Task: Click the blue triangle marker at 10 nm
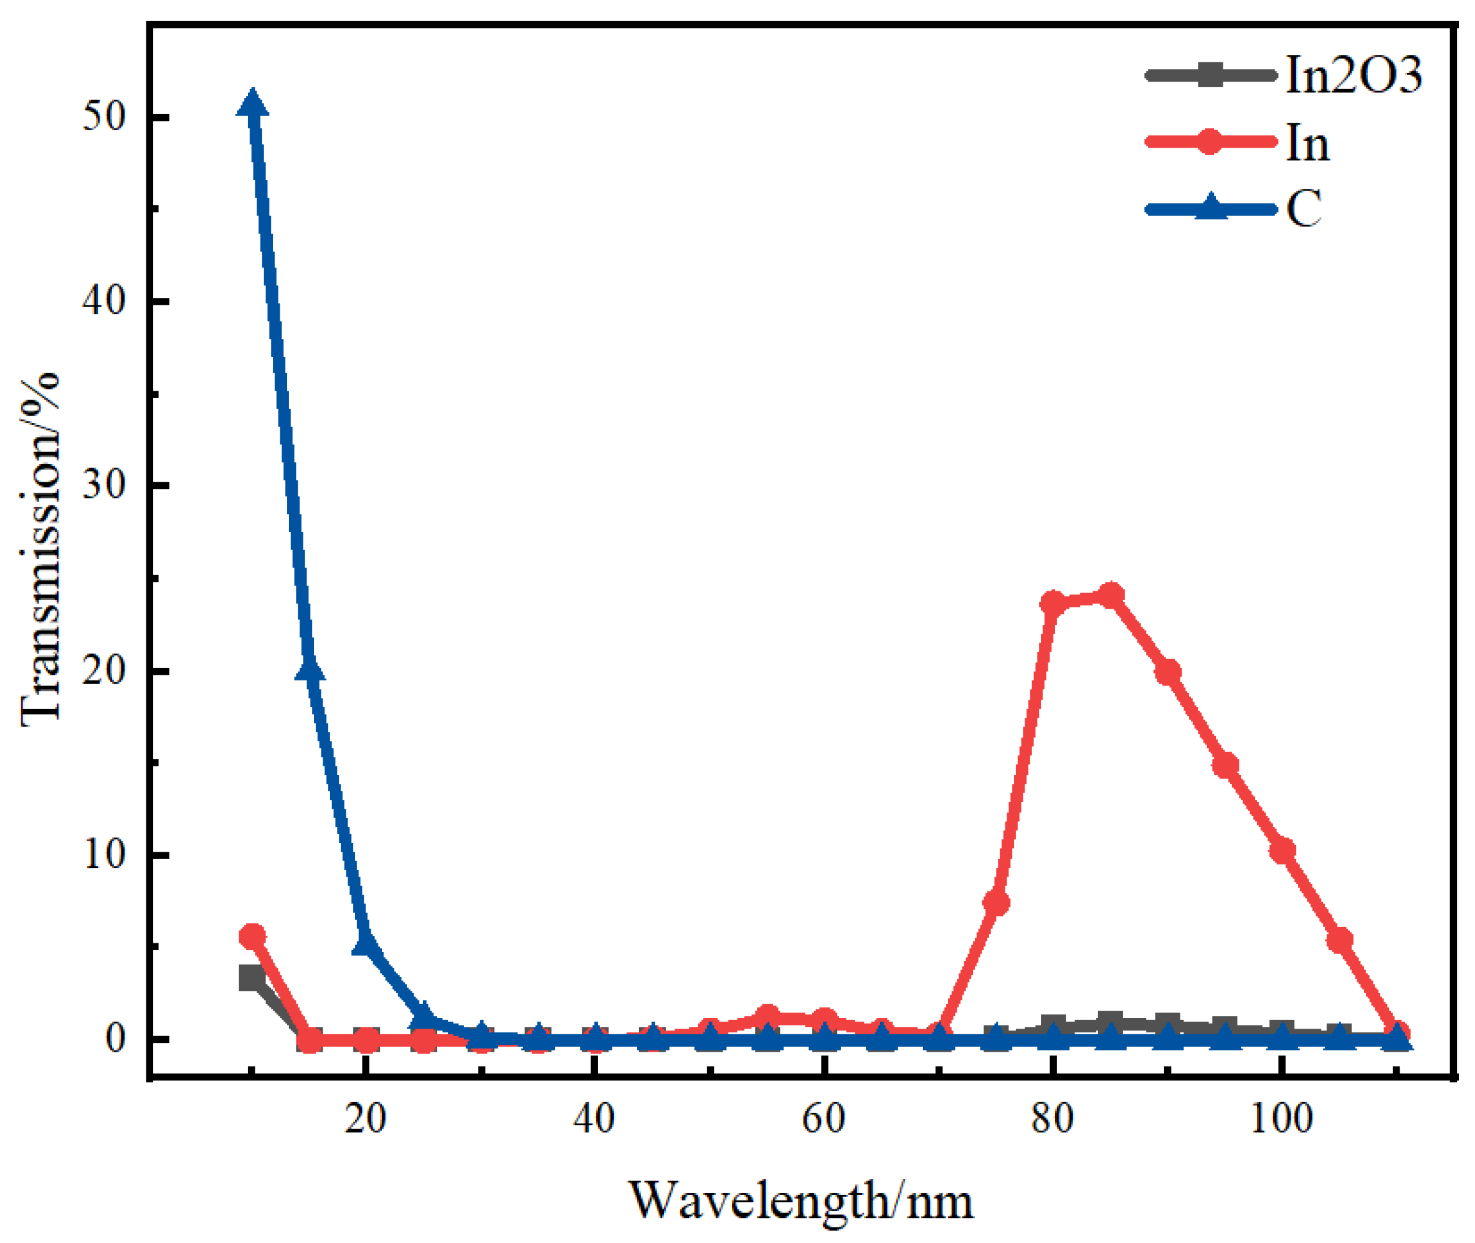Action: pyautogui.click(x=252, y=105)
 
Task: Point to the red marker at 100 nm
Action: pyautogui.click(x=1282, y=850)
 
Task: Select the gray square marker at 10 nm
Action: pyautogui.click(x=252, y=979)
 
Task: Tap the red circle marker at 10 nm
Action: pyautogui.click(x=252, y=936)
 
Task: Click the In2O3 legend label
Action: pyautogui.click(x=1353, y=75)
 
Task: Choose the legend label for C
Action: pyautogui.click(x=1304, y=209)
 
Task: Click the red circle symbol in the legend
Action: pyautogui.click(x=1210, y=141)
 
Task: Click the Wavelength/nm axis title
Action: pyautogui.click(x=801, y=1201)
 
